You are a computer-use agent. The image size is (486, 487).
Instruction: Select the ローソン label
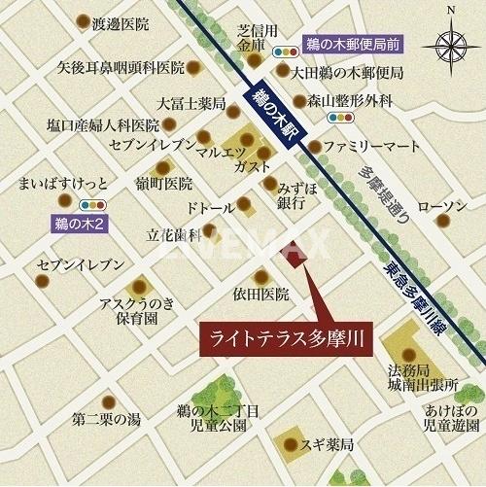point(441,206)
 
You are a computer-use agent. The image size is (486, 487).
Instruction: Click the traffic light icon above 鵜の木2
point(91,205)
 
